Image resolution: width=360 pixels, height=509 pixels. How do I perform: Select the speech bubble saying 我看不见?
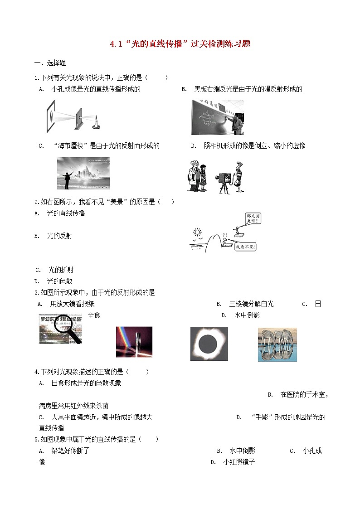(245, 247)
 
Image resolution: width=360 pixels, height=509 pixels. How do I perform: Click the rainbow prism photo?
(134, 342)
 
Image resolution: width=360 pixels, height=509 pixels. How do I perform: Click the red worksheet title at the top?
(180, 44)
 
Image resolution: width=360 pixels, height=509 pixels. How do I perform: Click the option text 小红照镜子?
(239, 463)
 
